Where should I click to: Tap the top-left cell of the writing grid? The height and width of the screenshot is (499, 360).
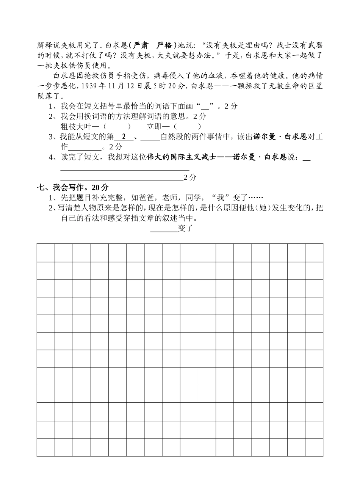[46, 253]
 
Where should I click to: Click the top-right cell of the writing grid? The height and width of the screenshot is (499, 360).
[314, 253]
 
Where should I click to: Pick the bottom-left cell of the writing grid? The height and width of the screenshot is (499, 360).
[46, 447]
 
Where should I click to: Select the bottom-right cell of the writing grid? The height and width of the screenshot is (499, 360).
[314, 447]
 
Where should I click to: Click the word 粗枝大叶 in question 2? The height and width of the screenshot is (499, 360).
[75, 126]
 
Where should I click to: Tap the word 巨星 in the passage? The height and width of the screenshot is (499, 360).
[315, 86]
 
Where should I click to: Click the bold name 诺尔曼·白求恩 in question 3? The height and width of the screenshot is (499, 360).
[280, 137]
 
